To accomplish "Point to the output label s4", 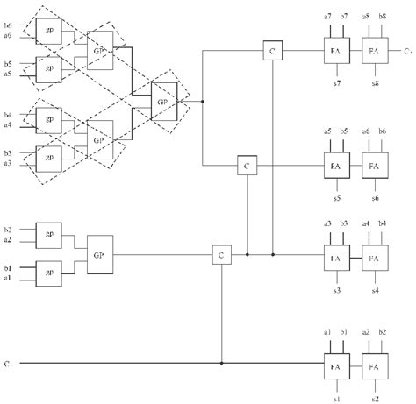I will pos(375,289).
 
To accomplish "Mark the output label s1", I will pos(335,397).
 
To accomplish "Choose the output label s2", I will pos(375,397).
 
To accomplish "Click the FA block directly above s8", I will pos(375,53).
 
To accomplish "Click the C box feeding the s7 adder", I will pos(272,53).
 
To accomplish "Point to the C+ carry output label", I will pos(408,53).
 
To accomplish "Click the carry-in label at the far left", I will pos(7,362).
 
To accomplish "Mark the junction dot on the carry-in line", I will pos(220,362).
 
